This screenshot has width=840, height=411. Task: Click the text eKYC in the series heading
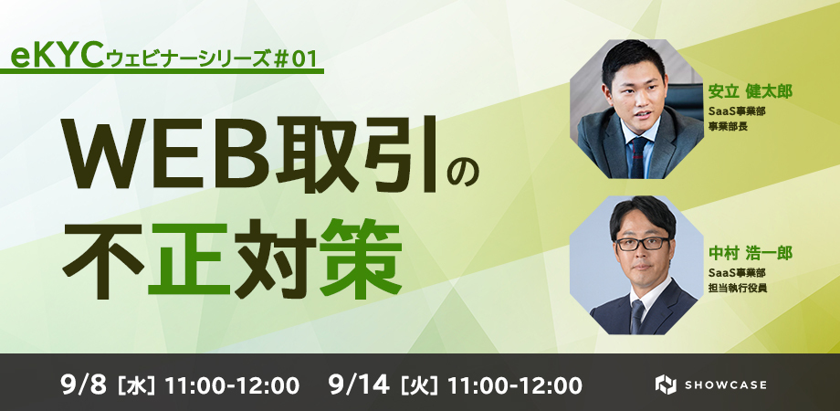[x=57, y=58]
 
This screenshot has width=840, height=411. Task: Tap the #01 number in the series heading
[x=298, y=58]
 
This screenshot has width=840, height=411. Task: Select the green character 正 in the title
[x=189, y=258]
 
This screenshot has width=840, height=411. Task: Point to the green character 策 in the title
[x=361, y=258]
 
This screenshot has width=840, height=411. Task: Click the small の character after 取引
[x=462, y=174]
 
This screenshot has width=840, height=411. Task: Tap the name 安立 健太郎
[x=750, y=91]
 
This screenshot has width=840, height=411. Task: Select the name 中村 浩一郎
[x=750, y=252]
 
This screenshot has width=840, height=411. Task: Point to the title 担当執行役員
[x=737, y=289]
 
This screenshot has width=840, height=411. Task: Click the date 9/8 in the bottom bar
[x=85, y=385]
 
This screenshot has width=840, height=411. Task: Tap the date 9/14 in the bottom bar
[x=359, y=385]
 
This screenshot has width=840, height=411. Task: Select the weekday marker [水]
[x=137, y=385]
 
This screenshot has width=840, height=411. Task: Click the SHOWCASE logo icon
[x=666, y=385]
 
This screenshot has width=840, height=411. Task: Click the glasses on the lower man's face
[x=642, y=243]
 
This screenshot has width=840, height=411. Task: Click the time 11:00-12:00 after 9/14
[x=514, y=385]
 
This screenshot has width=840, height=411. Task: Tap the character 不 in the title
[x=103, y=258]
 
